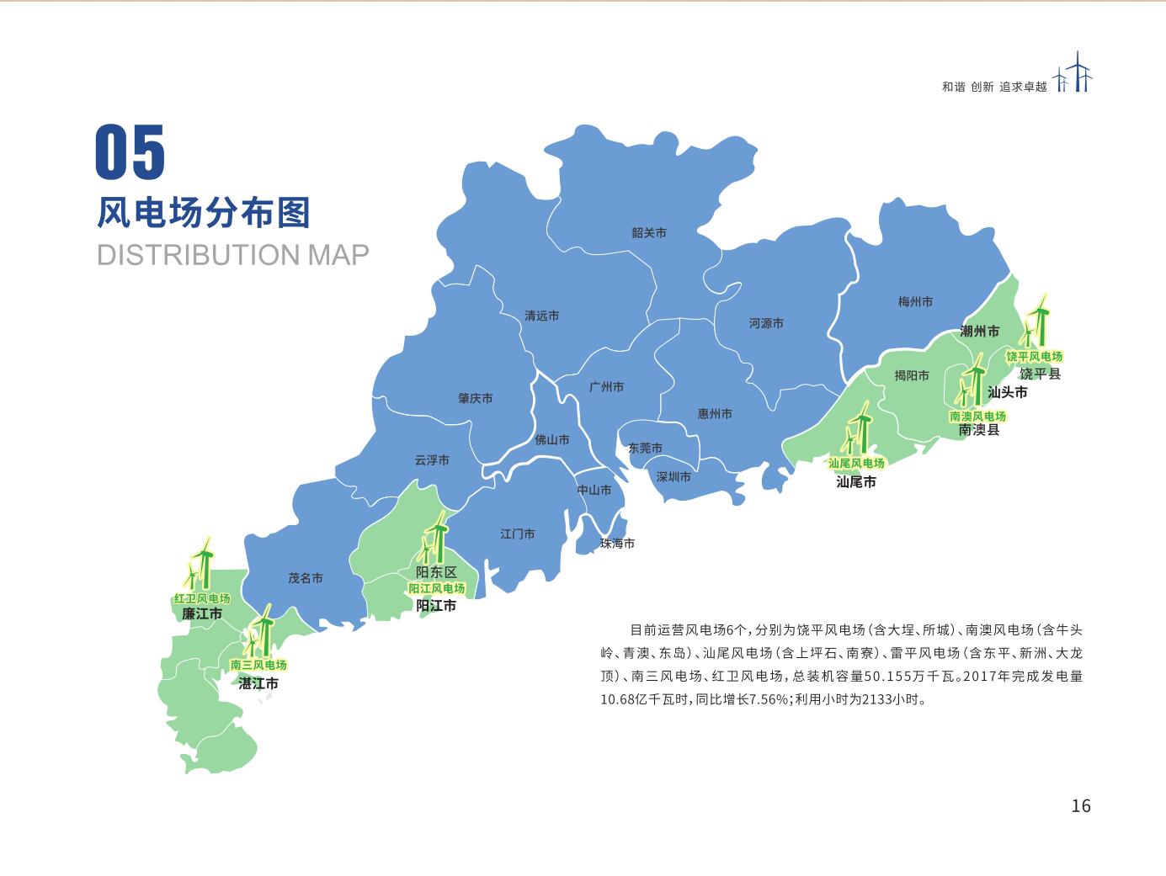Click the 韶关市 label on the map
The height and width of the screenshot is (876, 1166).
click(649, 233)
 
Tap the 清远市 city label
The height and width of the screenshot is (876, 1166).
click(541, 316)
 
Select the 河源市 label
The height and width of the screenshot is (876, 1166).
click(766, 323)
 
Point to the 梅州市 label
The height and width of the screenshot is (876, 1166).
click(915, 301)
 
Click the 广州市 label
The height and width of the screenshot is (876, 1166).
click(607, 387)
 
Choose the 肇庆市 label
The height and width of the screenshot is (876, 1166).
click(476, 398)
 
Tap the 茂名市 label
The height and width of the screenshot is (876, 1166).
click(306, 578)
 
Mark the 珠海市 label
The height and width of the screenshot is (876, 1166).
click(617, 544)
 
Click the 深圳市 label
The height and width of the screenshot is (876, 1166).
click(674, 477)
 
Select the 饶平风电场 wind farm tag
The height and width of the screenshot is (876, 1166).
click(1035, 357)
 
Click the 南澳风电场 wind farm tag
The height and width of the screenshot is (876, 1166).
click(977, 416)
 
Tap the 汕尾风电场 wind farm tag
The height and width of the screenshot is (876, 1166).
click(856, 463)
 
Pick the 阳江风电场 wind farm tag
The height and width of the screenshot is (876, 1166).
click(436, 588)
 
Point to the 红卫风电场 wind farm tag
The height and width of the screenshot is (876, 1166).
click(202, 598)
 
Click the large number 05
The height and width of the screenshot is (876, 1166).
click(130, 152)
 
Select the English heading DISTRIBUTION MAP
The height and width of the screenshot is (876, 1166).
click(233, 255)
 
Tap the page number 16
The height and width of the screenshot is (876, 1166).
click(1080, 805)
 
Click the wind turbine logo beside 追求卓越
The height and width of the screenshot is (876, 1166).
click(1073, 73)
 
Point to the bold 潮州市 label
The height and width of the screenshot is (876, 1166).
click(980, 332)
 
